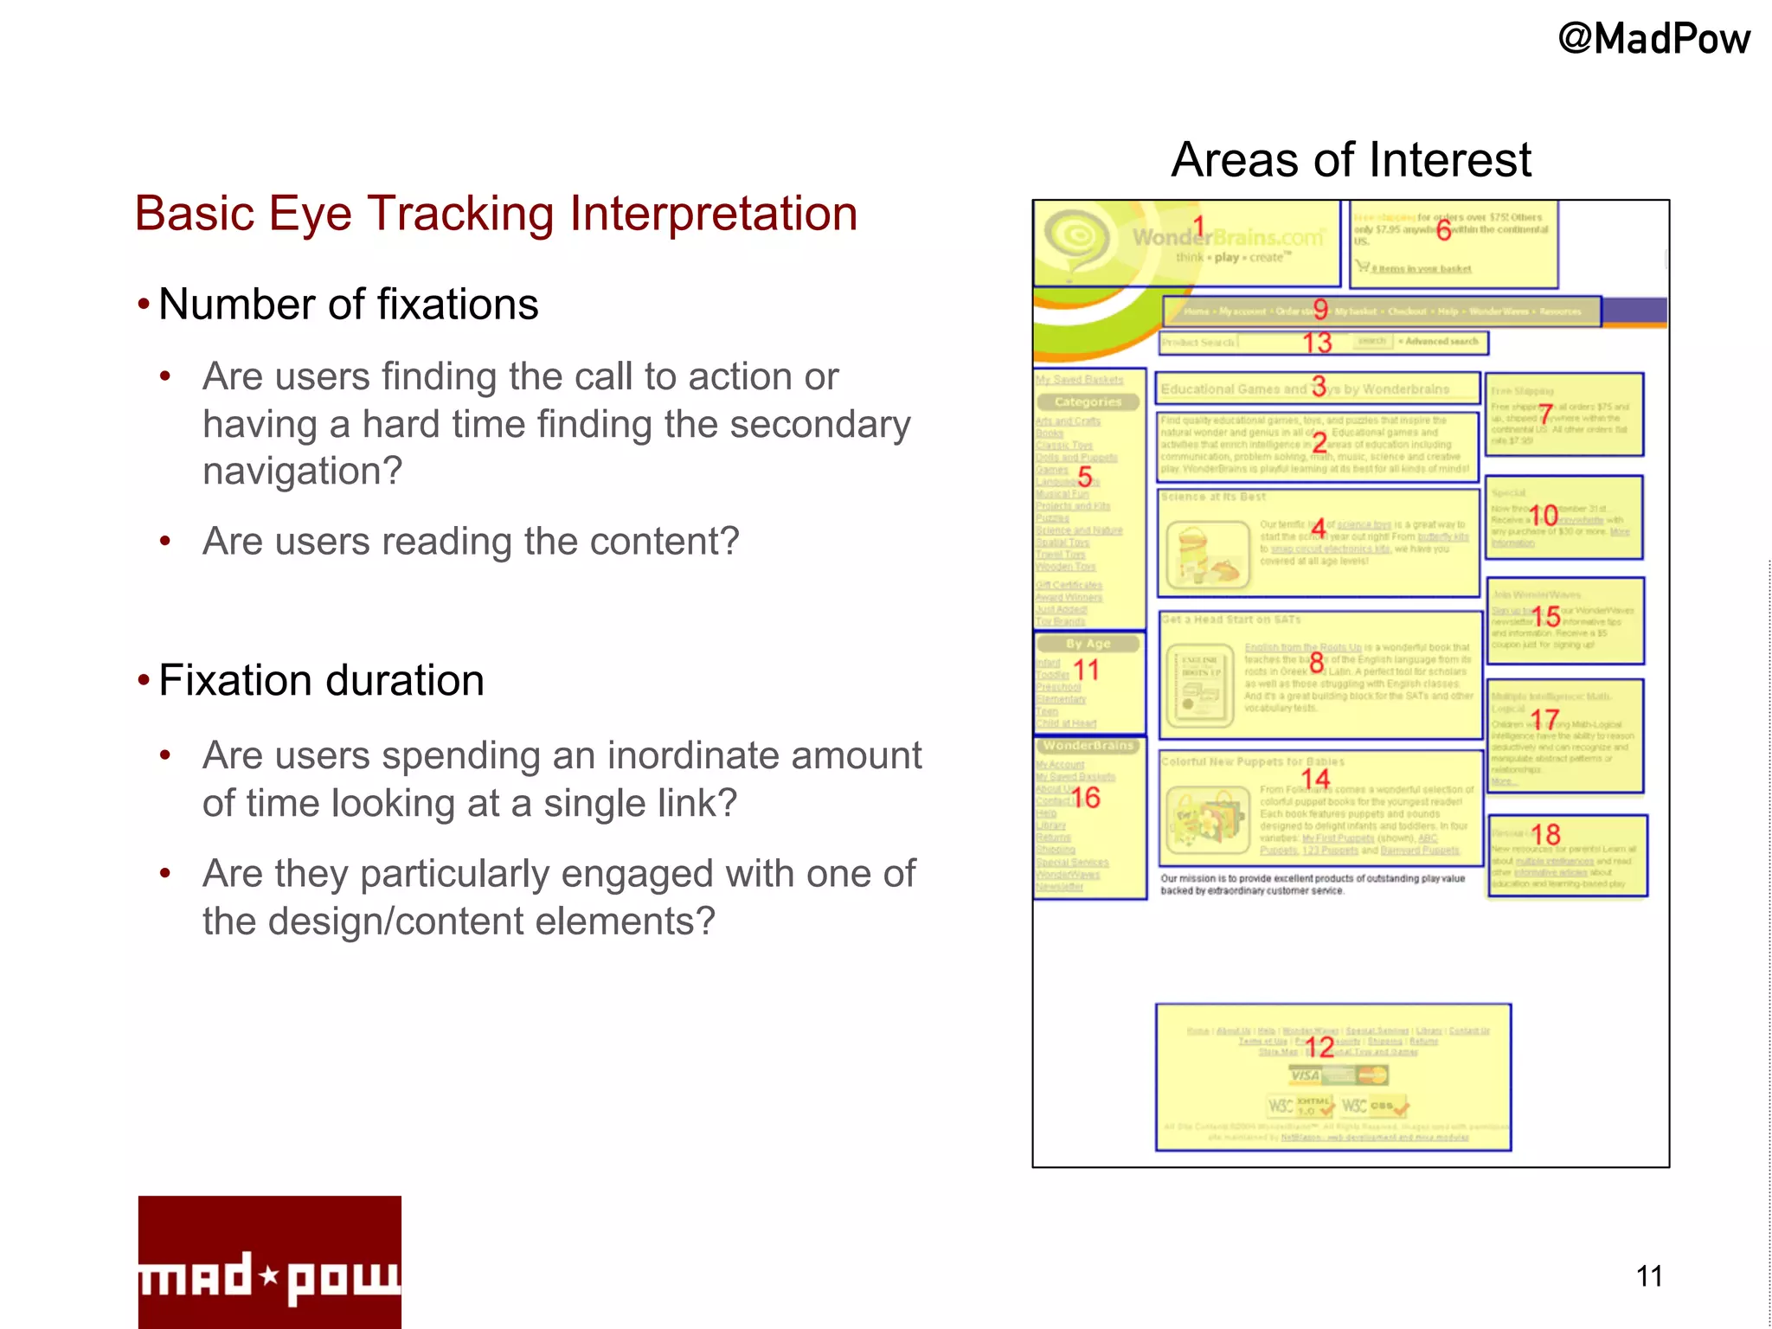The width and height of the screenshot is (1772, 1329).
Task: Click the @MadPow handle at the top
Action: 1653,40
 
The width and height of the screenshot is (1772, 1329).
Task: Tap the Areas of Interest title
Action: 1351,160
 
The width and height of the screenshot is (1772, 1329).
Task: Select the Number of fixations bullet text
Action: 348,305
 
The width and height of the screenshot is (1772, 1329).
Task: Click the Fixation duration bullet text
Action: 321,681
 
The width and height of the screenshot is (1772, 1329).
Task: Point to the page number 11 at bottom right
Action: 1649,1276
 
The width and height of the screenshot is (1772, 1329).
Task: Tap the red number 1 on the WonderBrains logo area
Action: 1198,228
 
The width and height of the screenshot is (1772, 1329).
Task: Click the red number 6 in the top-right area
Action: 1443,230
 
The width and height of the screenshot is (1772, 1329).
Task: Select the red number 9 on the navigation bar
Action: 1319,309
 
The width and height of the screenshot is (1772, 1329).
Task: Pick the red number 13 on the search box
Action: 1317,343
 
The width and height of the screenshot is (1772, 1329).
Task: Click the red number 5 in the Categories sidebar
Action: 1084,476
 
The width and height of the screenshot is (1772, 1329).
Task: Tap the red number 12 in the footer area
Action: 1319,1048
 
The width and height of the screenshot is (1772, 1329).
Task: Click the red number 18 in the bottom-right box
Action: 1545,834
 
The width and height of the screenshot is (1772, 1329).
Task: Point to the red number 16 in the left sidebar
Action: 1086,798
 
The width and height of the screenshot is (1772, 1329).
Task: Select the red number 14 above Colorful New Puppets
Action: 1315,779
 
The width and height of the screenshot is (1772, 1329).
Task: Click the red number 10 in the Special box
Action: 1543,516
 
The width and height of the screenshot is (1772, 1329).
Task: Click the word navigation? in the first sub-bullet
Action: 302,472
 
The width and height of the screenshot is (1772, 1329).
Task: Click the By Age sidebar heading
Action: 1088,644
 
